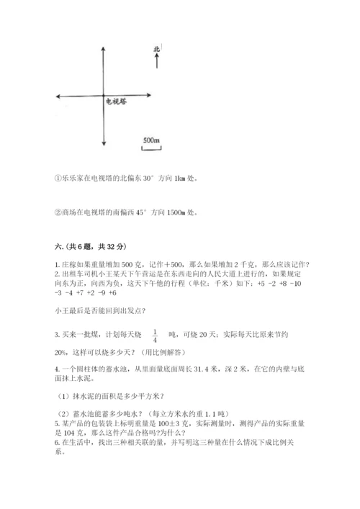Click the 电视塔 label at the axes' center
click(117, 102)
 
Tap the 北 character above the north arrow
click(156, 50)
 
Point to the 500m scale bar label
click(150, 139)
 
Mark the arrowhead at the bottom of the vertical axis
click(106, 146)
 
